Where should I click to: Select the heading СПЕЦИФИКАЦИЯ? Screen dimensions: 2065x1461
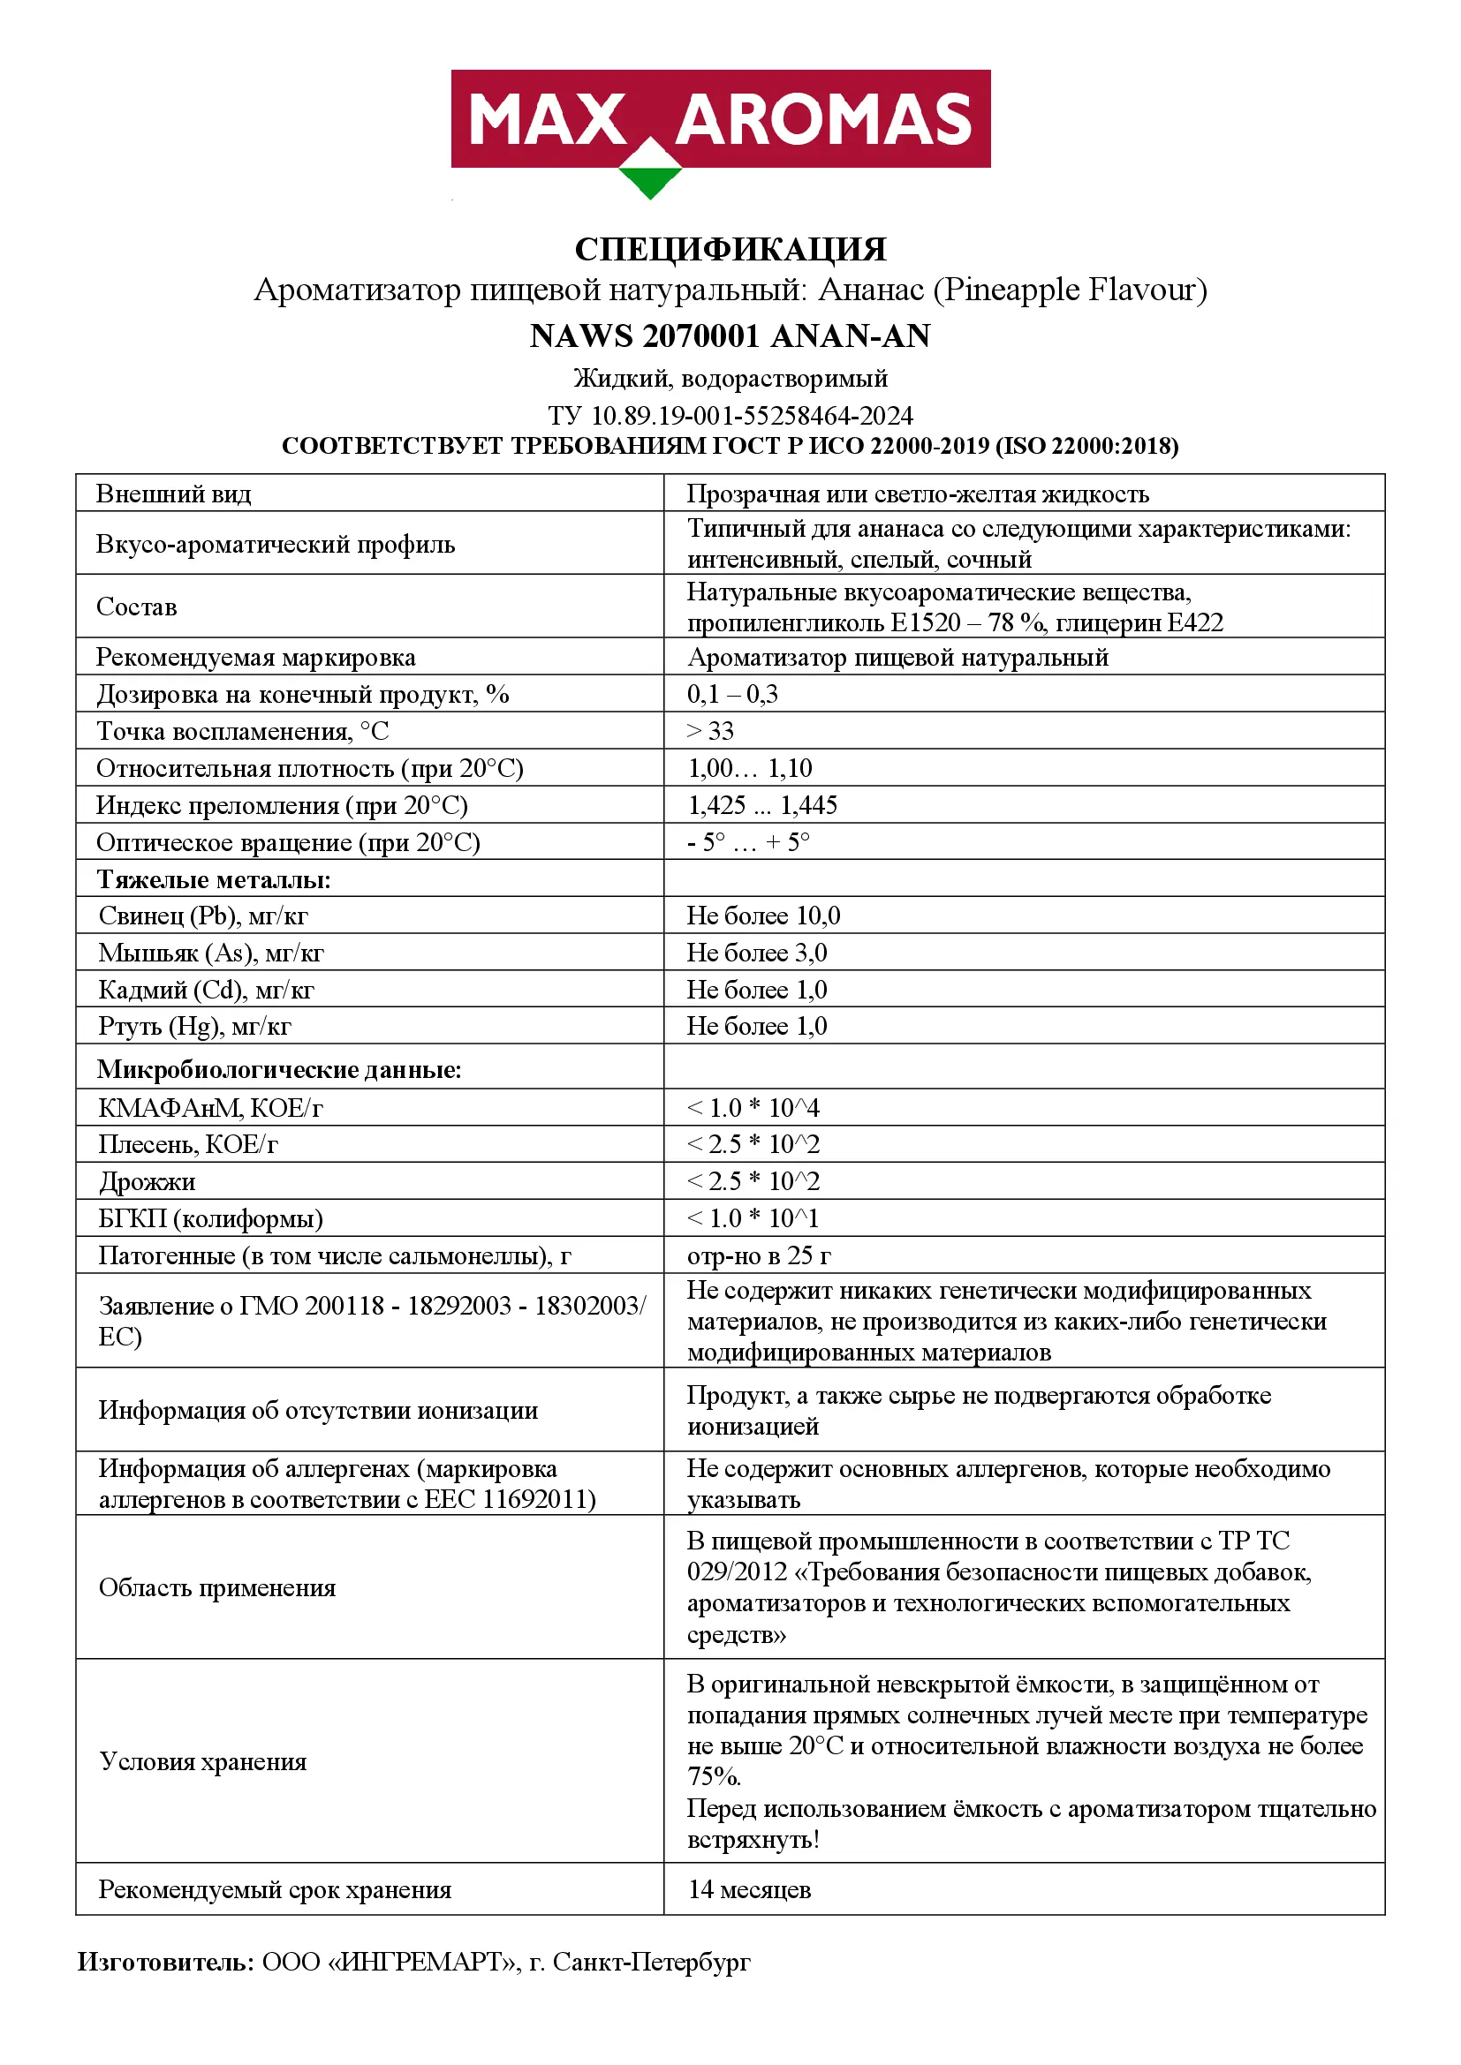tap(730, 249)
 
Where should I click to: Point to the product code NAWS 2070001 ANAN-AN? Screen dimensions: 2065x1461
tap(730, 335)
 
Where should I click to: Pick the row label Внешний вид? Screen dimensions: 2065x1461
tap(174, 494)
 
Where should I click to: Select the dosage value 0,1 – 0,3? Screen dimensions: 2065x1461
tap(732, 693)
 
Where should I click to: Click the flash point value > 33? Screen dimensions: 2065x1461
tap(711, 730)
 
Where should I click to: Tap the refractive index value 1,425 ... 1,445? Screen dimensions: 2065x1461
tap(762, 805)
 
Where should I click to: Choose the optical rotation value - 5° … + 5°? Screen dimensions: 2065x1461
tap(747, 842)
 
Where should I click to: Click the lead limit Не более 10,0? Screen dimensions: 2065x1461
tap(764, 916)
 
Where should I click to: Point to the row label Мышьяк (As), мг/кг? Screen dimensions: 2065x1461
tap(210, 953)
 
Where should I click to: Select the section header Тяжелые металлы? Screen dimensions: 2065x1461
tap(213, 878)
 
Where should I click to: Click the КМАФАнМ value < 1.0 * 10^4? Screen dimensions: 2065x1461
tap(753, 1107)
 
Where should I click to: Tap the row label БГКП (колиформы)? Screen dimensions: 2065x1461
tap(210, 1217)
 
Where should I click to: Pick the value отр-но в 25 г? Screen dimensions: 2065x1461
tap(759, 1255)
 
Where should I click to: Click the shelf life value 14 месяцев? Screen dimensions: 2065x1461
tap(748, 1889)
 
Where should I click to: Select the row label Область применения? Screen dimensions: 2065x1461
tap(216, 1587)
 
